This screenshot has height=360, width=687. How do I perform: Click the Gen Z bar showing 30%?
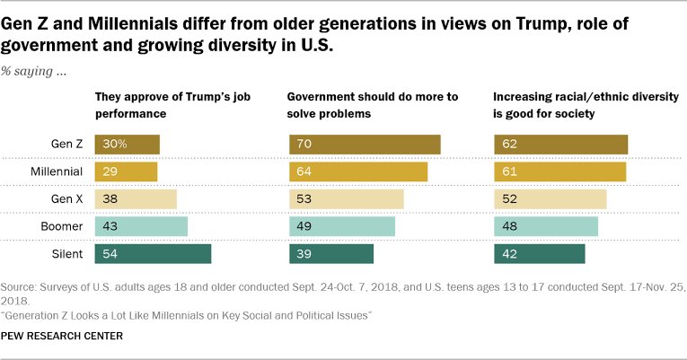coord(127,144)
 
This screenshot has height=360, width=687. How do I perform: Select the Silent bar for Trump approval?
coord(153,253)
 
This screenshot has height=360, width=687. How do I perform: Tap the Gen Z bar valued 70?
coord(365,144)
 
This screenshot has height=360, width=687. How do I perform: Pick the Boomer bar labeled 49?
coord(342,226)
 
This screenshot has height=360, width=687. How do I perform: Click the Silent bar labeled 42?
coord(540,253)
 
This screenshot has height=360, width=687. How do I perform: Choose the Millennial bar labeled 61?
coord(560,171)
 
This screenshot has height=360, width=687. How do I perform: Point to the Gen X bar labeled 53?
coord(346,198)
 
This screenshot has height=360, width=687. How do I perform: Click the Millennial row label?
coord(57,171)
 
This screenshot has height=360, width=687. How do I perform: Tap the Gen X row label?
coord(66,198)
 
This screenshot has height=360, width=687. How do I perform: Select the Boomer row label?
coord(62,226)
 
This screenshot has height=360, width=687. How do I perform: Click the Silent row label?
coord(67,254)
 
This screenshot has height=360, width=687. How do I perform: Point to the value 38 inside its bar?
coord(110,198)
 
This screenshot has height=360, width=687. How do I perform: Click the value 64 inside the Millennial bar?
coord(304,171)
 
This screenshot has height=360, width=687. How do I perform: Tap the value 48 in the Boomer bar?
coord(509,226)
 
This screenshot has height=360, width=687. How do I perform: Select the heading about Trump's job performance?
coord(172,105)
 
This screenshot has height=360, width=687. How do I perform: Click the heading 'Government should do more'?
coord(373,105)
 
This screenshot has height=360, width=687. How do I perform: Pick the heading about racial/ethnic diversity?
coord(586,105)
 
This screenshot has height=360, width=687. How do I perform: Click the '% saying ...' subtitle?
coord(33,71)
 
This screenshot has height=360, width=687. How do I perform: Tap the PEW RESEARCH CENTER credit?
coord(62,336)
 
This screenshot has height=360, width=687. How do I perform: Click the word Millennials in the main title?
coord(133,24)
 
